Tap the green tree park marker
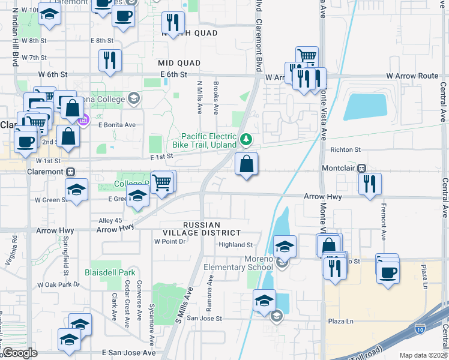246,140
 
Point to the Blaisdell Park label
110,272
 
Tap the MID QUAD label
179,62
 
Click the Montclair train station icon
362,169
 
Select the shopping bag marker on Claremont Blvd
247,164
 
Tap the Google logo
19,353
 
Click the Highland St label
236,245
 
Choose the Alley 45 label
110,221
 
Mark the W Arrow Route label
412,76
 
